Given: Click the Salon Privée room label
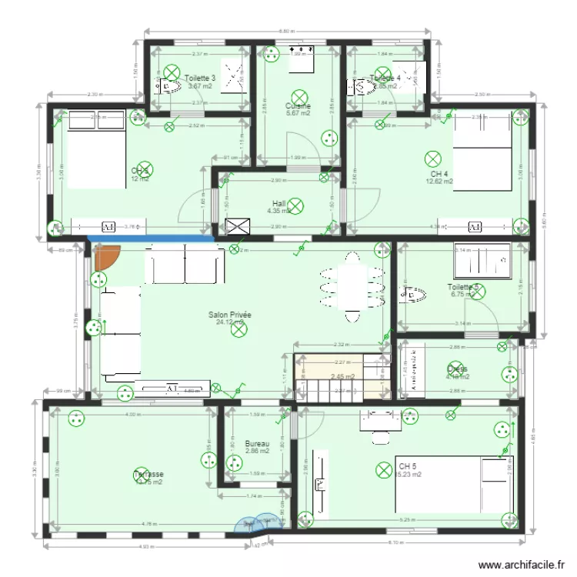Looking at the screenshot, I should pos(230,315).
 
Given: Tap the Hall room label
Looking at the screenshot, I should pos(278,203).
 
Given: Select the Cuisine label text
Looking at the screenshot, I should pos(298,106).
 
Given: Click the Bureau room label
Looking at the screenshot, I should pos(257,444).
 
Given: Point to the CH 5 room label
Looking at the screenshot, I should pos(407,466).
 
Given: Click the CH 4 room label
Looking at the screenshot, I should pos(439,174).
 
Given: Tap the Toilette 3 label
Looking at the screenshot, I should pos(200,78).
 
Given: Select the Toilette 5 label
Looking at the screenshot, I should pos(463,288).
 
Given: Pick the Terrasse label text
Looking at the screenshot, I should pos(148,474).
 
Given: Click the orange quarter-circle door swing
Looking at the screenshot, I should pos(105,256).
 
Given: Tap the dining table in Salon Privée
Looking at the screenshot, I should pos(353,288).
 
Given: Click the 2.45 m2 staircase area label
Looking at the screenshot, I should pos(342,377).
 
